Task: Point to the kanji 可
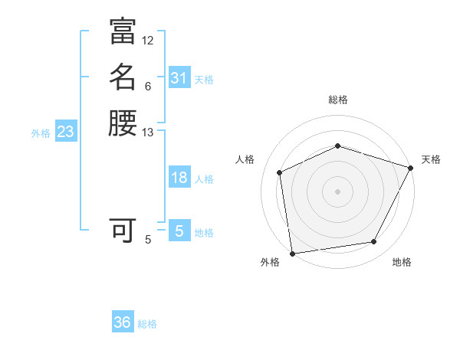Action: tap(123, 229)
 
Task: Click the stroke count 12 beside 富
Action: tap(148, 40)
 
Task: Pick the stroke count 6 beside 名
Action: tap(148, 86)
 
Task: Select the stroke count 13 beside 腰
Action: tap(148, 133)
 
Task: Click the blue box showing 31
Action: tap(179, 78)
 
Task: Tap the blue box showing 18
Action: tap(179, 178)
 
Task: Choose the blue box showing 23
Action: tap(65, 132)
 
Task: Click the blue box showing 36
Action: tap(122, 322)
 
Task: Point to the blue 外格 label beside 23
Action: tap(41, 133)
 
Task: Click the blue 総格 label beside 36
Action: tap(147, 324)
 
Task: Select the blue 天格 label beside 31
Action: tap(204, 80)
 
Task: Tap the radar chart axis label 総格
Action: tap(337, 100)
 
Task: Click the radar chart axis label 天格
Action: tap(431, 159)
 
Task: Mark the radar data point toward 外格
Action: tap(292, 253)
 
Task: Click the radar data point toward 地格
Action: tap(374, 242)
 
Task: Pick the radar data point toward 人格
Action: tap(280, 172)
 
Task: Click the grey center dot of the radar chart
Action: tap(337, 191)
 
